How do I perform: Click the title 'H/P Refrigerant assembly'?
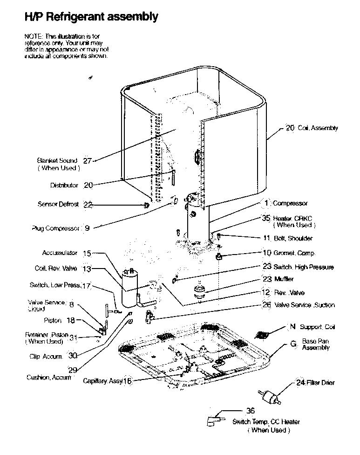91,17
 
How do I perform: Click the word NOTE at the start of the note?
32,36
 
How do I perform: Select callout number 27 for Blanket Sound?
87,161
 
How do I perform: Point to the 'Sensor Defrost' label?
58,204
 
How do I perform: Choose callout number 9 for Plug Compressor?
87,228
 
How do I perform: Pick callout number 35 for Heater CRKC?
266,218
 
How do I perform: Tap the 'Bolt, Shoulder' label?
293,238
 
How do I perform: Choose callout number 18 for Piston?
70,320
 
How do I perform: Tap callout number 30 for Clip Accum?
72,355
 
